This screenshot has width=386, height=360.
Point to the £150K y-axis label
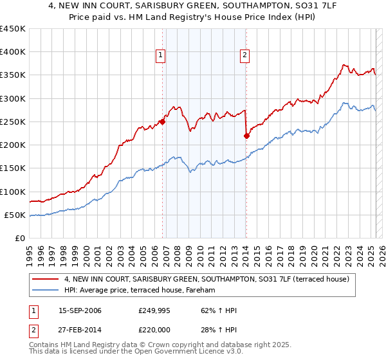pyautogui.click(x=13, y=168)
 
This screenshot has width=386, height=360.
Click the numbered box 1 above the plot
pyautogui.click(x=160, y=56)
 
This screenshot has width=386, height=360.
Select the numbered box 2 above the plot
pyautogui.click(x=245, y=56)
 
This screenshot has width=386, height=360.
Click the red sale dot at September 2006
pyautogui.click(x=162, y=122)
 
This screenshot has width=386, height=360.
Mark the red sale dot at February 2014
pyautogui.click(x=246, y=136)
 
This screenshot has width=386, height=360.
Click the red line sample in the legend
pyautogui.click(x=46, y=279)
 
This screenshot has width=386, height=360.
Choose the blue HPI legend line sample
pyautogui.click(x=46, y=291)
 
